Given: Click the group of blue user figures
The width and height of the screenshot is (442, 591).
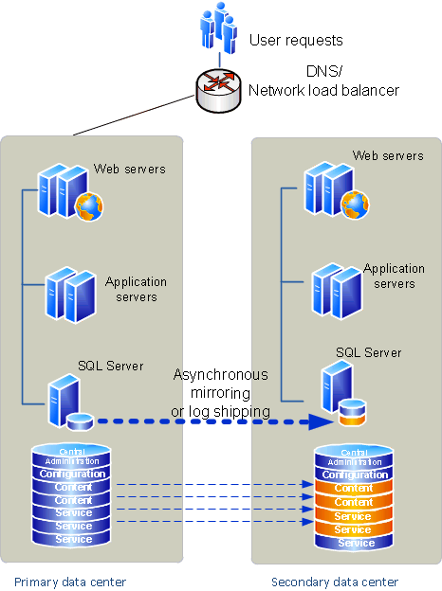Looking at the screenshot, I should click(217, 29).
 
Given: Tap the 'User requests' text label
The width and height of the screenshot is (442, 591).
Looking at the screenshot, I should click(295, 41).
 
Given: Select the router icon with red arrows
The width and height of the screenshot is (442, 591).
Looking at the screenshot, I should click(217, 87).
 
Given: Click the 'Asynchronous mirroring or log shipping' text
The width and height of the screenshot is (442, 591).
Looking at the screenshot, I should click(220, 393).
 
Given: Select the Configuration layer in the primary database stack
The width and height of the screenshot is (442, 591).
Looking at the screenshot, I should click(73, 474).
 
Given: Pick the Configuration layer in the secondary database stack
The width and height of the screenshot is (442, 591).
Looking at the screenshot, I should click(356, 475).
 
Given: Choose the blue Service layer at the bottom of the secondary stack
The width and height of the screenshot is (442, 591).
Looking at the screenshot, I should click(356, 543).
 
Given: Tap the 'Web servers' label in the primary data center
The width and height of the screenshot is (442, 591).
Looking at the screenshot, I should click(129, 170).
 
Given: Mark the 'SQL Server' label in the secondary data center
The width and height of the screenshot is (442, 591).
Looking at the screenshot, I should click(368, 352).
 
